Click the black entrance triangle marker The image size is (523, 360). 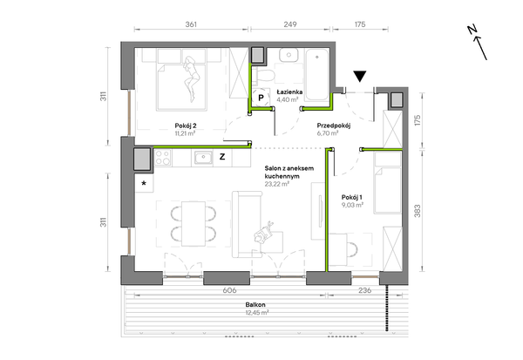click(x=360, y=76)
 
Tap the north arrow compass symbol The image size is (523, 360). click(x=477, y=43)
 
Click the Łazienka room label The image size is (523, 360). click(x=289, y=92)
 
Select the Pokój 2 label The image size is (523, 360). click(x=186, y=126)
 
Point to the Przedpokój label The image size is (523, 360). click(x=334, y=126)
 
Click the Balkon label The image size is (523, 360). click(x=255, y=304)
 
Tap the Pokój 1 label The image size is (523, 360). click(x=352, y=197)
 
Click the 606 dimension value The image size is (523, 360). click(x=229, y=290)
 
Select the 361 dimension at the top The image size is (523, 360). click(x=191, y=24)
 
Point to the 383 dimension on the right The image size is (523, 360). click(x=418, y=211)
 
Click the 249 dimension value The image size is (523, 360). click(x=290, y=24)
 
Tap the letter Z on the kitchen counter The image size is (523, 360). click(x=222, y=157)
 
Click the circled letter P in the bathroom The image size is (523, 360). click(x=261, y=98)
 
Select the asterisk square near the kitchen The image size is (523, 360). click(x=144, y=183)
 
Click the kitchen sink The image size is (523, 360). click(x=203, y=158)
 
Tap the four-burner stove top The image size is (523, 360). click(x=163, y=158)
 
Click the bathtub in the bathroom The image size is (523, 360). click(x=317, y=75)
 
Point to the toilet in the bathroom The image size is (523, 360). click(x=263, y=76)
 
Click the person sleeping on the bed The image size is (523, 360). click(x=192, y=78)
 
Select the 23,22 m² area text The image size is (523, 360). click(x=277, y=184)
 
